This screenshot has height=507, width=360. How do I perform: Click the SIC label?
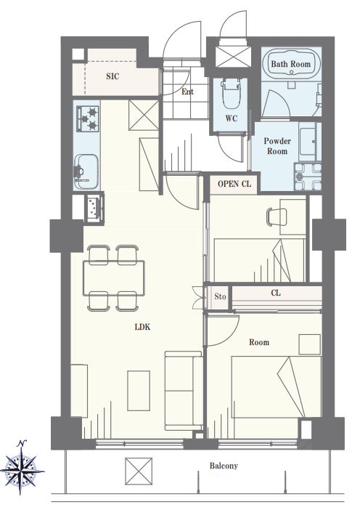click(x=112, y=76)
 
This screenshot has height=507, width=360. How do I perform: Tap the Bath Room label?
click(x=290, y=64)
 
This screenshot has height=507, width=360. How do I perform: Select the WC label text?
click(x=232, y=118)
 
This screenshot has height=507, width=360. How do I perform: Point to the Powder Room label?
click(x=277, y=146)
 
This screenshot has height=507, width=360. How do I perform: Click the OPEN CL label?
click(x=234, y=184)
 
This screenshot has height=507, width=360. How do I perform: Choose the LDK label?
click(x=142, y=327)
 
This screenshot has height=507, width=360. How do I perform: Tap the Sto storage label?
click(x=220, y=296)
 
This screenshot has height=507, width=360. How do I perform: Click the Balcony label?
click(x=224, y=466)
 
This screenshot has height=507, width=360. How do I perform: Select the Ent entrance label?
click(x=187, y=92)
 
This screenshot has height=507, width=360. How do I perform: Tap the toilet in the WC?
click(x=231, y=93)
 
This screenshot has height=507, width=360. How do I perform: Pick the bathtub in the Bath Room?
click(x=291, y=63)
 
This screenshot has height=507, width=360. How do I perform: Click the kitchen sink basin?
click(x=86, y=172)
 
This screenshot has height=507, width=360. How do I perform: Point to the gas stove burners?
click(x=88, y=118)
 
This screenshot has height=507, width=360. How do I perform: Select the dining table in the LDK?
click(x=113, y=278)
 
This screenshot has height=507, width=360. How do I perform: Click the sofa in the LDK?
click(x=184, y=391)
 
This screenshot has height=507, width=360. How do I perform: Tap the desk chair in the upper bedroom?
click(x=277, y=216)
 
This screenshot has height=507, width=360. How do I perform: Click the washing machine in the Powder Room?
click(x=307, y=177)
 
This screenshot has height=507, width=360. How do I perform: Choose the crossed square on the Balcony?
click(x=139, y=471)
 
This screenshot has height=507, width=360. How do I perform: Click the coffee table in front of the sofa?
click(x=139, y=391)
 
